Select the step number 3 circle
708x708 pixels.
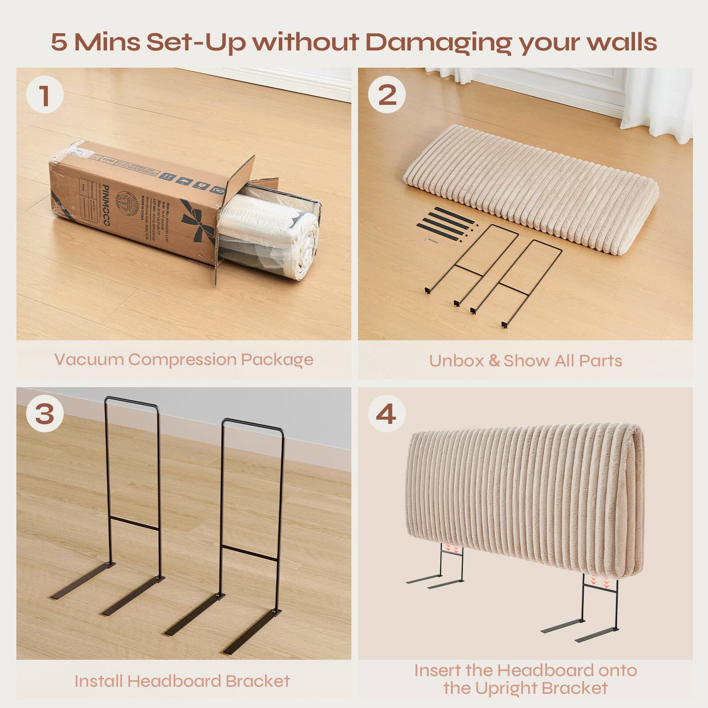(x=45, y=415)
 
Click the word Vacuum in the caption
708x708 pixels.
(x=88, y=359)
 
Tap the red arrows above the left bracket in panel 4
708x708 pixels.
(x=454, y=549)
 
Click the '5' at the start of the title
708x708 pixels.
(x=59, y=42)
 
